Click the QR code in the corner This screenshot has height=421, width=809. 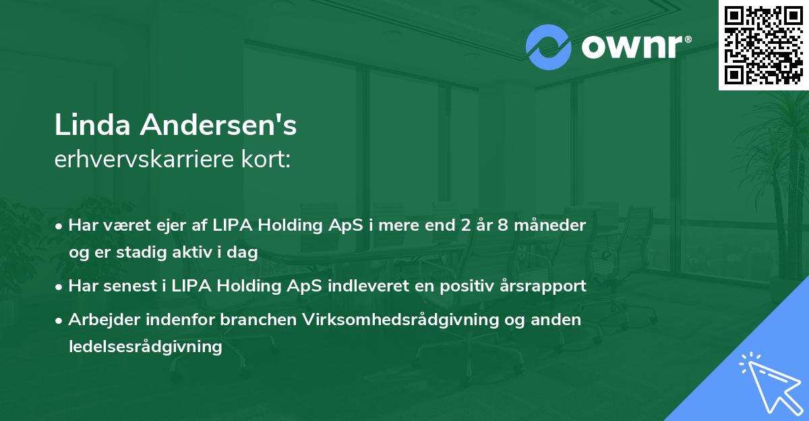(764, 45)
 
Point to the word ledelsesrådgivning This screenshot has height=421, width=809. (145, 347)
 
